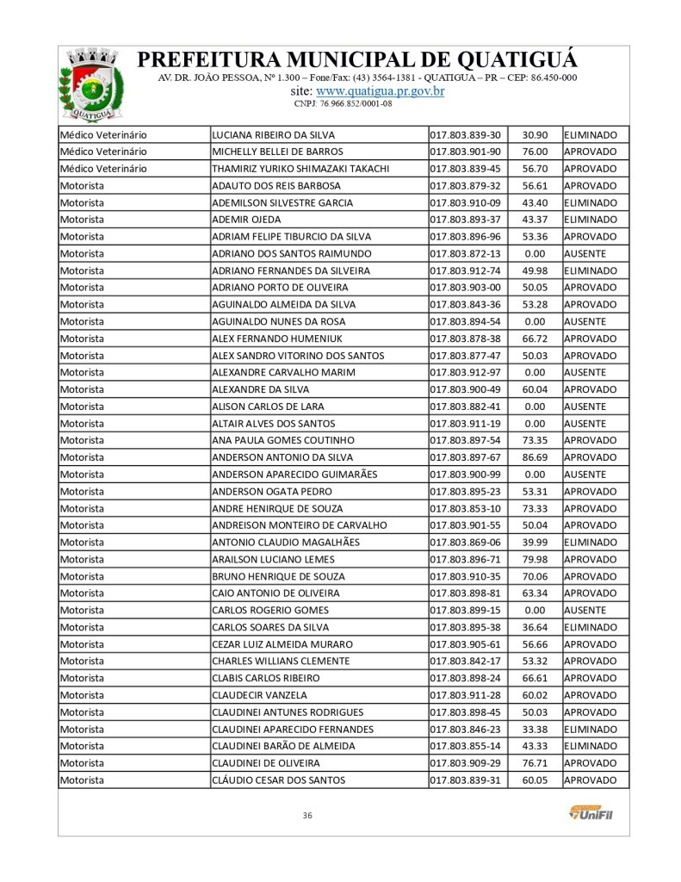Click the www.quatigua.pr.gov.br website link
[381, 90]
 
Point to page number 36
[307, 815]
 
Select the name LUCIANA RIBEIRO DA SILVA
[273, 135]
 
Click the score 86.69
[535, 457]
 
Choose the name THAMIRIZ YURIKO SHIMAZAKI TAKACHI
[300, 169]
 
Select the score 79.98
[535, 559]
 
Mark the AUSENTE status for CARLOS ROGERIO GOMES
[585, 610]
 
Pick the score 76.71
[535, 763]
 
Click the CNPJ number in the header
[343, 103]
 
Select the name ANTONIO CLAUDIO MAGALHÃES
[285, 543]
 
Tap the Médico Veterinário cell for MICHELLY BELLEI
[103, 152]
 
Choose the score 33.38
[535, 729]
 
